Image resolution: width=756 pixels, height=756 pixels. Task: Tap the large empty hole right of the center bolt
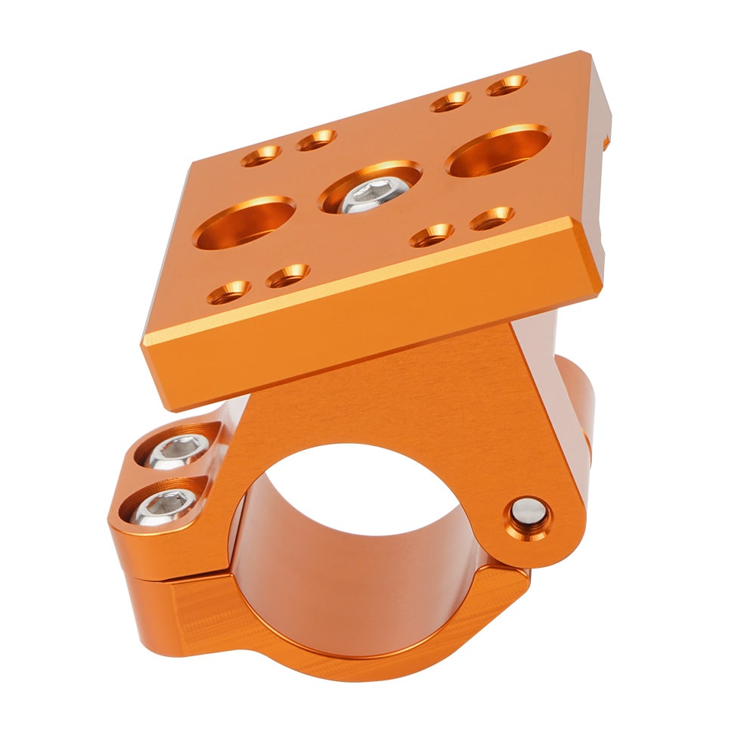coord(498,150)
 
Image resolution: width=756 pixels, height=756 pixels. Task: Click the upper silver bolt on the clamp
coord(175,452)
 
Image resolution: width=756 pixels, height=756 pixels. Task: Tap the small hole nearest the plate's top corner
coord(507,85)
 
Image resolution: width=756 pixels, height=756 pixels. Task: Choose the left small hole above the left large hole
coord(262,156)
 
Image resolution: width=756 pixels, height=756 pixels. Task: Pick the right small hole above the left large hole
coord(316,139)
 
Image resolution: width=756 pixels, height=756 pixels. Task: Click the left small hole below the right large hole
coord(432,235)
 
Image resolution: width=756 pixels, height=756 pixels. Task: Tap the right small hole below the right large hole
coord(491,218)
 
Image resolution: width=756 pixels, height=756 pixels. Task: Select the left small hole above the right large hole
coord(451,101)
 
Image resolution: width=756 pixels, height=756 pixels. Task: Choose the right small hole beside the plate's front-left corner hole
coord(287,276)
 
